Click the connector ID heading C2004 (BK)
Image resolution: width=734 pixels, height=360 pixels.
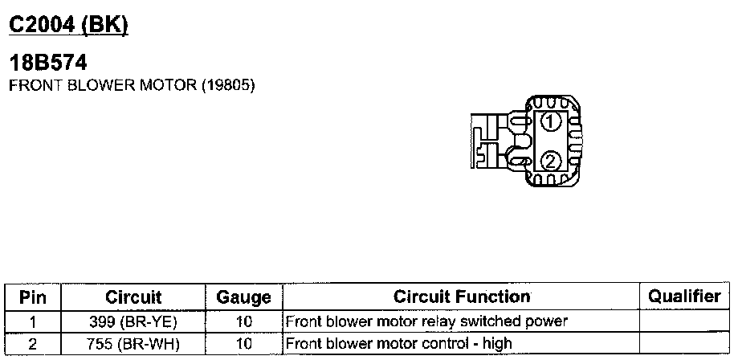(x=68, y=25)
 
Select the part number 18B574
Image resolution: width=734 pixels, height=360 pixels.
(x=47, y=63)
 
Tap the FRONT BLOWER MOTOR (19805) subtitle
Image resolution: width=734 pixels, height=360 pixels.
(x=131, y=84)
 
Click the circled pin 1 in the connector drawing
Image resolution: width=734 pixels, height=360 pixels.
(x=549, y=122)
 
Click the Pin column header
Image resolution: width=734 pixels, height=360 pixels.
(x=32, y=297)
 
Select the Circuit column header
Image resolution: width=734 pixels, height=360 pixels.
(x=133, y=297)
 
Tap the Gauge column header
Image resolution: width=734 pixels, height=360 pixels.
(x=243, y=297)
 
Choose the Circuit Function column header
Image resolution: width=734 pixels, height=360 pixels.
(x=462, y=297)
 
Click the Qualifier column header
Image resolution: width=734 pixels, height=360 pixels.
(x=684, y=297)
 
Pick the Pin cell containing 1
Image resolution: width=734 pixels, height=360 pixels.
(x=32, y=321)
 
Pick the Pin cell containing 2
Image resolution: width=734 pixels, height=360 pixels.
(x=32, y=344)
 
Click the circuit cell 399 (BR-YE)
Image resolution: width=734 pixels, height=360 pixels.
(x=133, y=321)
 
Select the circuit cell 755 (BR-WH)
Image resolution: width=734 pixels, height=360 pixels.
(x=133, y=344)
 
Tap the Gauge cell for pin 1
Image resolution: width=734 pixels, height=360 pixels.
(x=243, y=321)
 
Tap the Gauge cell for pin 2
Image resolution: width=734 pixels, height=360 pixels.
(x=243, y=344)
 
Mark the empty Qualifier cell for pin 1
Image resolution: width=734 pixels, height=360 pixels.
(x=684, y=321)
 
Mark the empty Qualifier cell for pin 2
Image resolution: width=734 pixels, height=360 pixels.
(x=684, y=344)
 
